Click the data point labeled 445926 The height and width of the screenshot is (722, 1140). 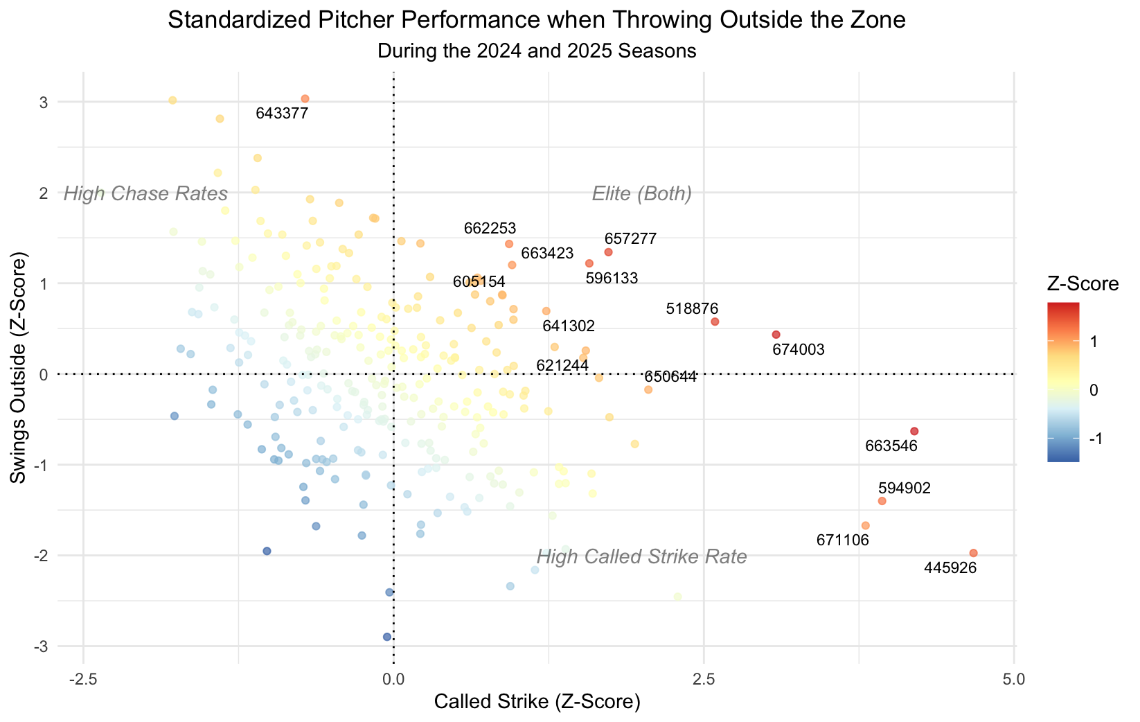tap(973, 553)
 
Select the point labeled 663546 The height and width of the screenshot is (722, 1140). tap(914, 431)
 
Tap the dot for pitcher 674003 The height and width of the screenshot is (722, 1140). tap(776, 335)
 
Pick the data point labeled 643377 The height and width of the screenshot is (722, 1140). tap(305, 99)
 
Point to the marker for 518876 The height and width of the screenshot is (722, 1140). tap(715, 322)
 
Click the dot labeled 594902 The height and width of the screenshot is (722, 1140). tap(882, 501)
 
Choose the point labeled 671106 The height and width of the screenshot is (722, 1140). tap(865, 525)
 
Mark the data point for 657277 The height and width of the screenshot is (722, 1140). tap(608, 252)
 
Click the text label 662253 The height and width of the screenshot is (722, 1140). tap(490, 228)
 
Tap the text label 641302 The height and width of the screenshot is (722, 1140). tap(569, 326)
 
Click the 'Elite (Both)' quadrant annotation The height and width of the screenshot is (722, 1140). tap(642, 194)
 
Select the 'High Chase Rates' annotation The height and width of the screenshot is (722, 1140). tap(145, 194)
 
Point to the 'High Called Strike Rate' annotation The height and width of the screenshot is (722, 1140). tap(642, 557)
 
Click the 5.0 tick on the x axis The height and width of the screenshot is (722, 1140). tap(1014, 679)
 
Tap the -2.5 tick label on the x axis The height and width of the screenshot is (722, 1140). tap(83, 679)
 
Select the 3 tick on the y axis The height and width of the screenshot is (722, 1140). tap(44, 103)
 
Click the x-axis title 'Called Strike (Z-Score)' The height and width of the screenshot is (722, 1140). tap(537, 702)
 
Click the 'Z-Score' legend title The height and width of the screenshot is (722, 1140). tap(1083, 283)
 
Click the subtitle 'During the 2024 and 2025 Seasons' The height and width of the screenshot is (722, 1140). tap(537, 51)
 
